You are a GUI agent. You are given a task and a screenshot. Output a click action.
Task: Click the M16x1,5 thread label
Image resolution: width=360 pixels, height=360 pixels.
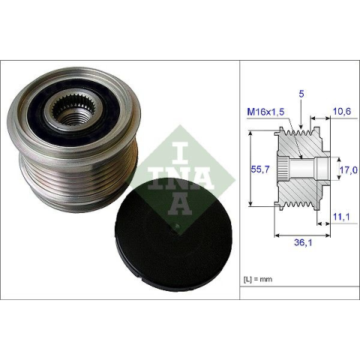265,112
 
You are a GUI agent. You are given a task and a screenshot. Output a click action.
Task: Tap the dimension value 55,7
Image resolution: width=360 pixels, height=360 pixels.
260,169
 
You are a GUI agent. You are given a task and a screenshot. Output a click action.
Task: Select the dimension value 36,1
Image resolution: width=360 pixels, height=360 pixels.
303,242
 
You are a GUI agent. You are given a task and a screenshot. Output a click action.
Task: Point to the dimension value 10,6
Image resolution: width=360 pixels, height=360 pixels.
342,111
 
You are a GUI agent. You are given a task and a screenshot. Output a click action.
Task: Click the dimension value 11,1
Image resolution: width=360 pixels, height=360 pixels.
341,217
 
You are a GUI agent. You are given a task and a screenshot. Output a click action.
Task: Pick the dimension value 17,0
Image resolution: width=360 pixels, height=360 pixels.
349,170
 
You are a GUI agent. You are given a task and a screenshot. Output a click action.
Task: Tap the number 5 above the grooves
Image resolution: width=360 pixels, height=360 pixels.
301,94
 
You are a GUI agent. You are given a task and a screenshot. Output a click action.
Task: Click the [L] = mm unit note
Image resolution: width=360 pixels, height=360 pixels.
258,279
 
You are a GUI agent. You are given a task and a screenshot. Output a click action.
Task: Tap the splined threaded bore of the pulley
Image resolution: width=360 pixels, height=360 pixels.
71,111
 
